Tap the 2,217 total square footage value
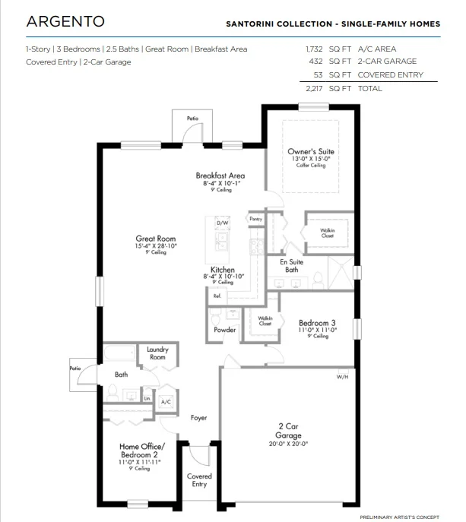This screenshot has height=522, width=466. click(x=314, y=89)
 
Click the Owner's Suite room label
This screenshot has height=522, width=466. click(x=311, y=152)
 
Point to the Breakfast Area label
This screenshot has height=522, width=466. click(x=220, y=176)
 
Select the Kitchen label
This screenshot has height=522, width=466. click(x=223, y=270)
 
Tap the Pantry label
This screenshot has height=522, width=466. click(x=255, y=218)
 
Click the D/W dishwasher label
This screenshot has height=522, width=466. click(x=223, y=223)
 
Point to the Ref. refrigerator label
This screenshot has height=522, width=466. click(x=217, y=296)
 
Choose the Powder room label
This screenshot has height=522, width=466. click(x=224, y=331)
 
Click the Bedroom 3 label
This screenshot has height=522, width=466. click(x=317, y=322)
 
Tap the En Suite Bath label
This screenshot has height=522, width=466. click(x=291, y=265)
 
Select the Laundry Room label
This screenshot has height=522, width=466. click(x=157, y=353)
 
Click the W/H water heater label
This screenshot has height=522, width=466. click(x=342, y=377)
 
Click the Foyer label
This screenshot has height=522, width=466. click(x=198, y=418)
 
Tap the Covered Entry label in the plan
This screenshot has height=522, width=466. click(x=199, y=480)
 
